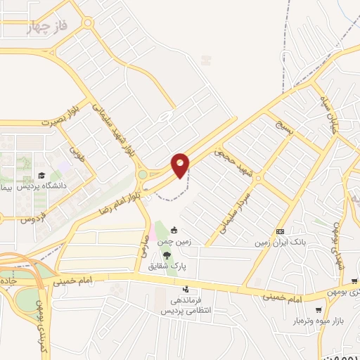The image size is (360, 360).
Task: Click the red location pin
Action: (x=181, y=165)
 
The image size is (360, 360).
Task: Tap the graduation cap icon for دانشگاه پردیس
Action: (x=41, y=175)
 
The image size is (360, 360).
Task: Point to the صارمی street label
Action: (x=143, y=245)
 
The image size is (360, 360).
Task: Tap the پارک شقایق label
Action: (x=167, y=266)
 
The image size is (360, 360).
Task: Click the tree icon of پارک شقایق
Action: (x=166, y=255)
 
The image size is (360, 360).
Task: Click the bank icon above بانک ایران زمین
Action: (x=281, y=231)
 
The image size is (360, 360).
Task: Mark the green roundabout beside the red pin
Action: (x=143, y=174)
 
